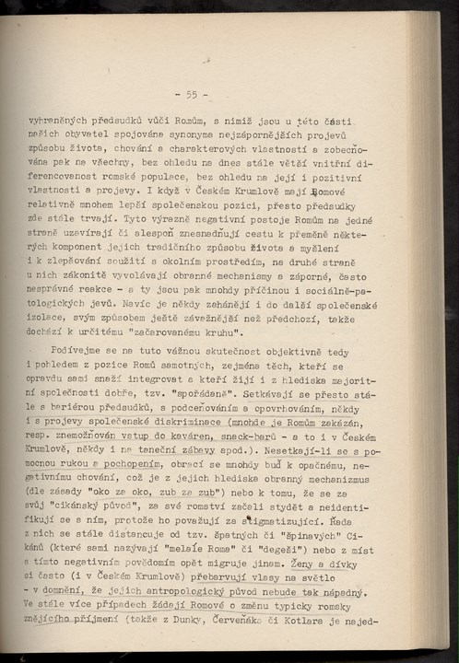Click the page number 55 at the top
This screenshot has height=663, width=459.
point(193,94)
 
